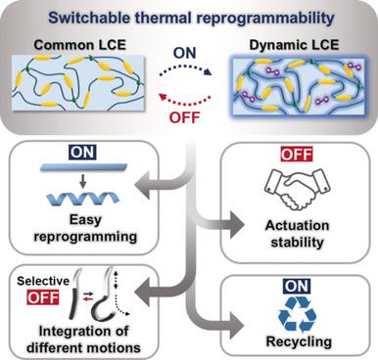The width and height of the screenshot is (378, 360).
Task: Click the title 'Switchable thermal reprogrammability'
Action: pyautogui.click(x=188, y=17)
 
